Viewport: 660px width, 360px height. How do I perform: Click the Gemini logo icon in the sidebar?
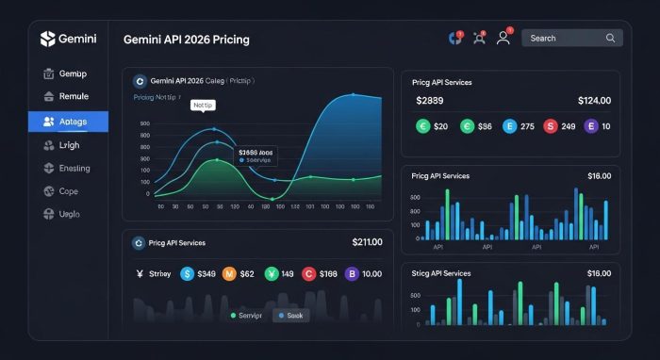(x=49, y=39)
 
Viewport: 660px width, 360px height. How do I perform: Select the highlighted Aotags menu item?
(x=68, y=121)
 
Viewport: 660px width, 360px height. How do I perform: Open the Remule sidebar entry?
(x=68, y=96)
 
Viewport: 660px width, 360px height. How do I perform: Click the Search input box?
(x=564, y=39)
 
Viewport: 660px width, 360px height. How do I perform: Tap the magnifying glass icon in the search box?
(x=611, y=39)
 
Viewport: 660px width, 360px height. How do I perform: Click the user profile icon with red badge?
(x=503, y=39)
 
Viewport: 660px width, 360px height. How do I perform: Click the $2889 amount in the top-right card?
(x=430, y=100)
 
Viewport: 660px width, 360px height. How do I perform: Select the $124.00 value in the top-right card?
(x=592, y=100)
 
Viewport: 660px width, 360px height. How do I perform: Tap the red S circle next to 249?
(x=550, y=125)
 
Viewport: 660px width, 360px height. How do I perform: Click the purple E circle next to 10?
(x=592, y=125)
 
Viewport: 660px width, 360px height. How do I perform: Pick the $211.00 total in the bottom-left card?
(x=367, y=242)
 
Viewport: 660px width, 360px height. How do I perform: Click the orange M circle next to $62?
(x=228, y=274)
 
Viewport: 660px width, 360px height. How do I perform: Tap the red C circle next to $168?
(x=307, y=274)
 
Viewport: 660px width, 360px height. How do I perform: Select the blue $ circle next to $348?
(x=186, y=274)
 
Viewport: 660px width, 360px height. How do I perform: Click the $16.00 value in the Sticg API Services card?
(x=599, y=273)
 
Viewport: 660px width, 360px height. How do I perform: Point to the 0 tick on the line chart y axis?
(x=147, y=194)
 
